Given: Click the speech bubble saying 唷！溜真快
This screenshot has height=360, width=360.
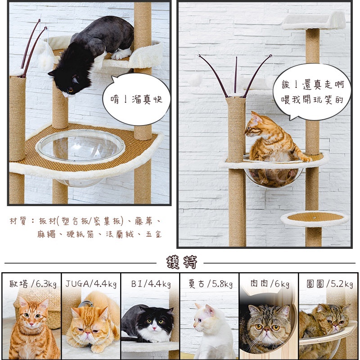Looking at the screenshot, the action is [136, 99].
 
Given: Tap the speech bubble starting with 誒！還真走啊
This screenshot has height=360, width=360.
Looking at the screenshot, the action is [312, 92].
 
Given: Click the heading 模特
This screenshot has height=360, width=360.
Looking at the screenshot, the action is [182, 262].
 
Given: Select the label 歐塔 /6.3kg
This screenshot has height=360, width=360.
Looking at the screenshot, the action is [33, 284].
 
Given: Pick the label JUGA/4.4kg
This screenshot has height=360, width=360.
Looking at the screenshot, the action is [91, 284].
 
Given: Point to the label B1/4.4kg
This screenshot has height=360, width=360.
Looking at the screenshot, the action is [151, 284].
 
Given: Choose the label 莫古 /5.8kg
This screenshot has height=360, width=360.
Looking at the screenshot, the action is [210, 284].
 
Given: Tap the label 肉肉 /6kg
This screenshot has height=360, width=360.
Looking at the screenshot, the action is [270, 284].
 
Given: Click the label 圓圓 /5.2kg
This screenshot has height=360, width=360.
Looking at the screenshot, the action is [330, 284].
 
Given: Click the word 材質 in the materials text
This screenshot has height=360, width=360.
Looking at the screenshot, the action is [18, 221].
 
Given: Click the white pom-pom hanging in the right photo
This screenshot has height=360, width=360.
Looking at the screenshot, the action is [195, 80].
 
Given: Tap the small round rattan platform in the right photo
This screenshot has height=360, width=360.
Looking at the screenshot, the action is [315, 219].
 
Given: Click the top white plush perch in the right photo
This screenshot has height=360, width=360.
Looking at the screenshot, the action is [314, 21].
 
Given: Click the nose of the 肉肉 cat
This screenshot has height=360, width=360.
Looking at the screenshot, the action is [266, 330].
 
